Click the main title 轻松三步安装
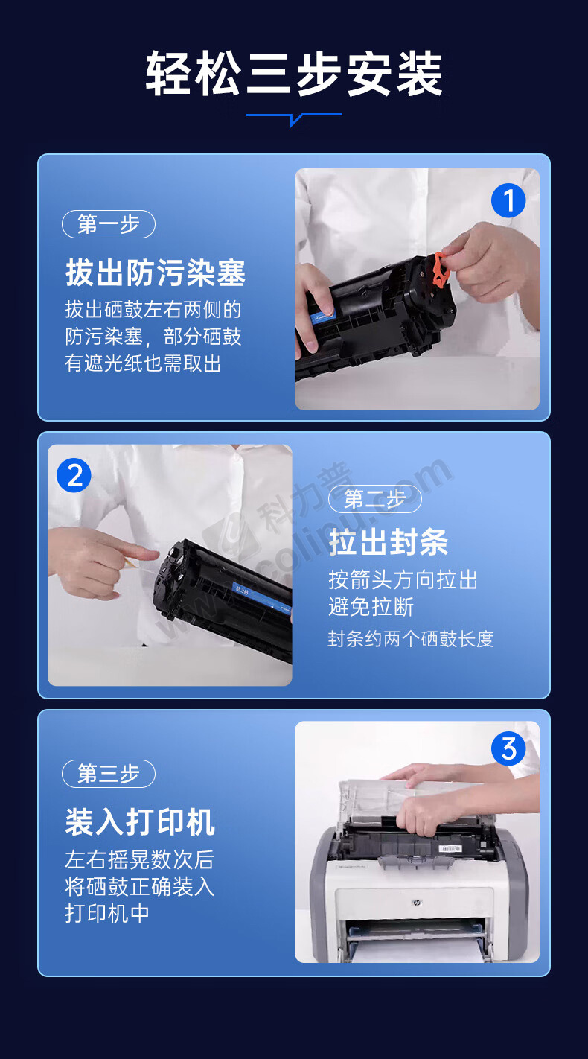(293, 74)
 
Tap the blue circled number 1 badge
(508, 201)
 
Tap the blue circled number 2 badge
(74, 475)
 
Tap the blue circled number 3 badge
(508, 748)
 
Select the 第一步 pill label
(109, 224)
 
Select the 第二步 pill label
(375, 499)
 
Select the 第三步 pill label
(109, 774)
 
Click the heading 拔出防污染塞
(156, 273)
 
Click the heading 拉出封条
(389, 542)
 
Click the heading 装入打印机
(141, 822)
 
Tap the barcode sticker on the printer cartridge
(450, 849)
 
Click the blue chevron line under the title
(294, 117)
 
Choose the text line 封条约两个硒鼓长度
(411, 639)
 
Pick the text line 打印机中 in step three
(107, 913)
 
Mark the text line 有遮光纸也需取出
(143, 363)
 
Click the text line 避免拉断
(371, 606)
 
